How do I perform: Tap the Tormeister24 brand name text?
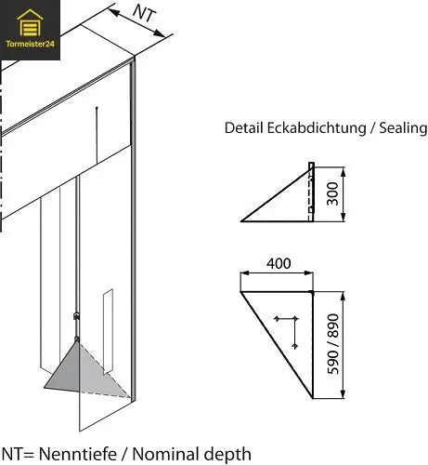[x=31, y=44]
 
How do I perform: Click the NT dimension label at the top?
[x=143, y=13]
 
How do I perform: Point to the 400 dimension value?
[x=278, y=264]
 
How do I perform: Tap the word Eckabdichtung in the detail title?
[x=317, y=128]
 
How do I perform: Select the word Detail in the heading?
[x=243, y=128]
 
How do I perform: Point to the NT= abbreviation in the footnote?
[x=17, y=454]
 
